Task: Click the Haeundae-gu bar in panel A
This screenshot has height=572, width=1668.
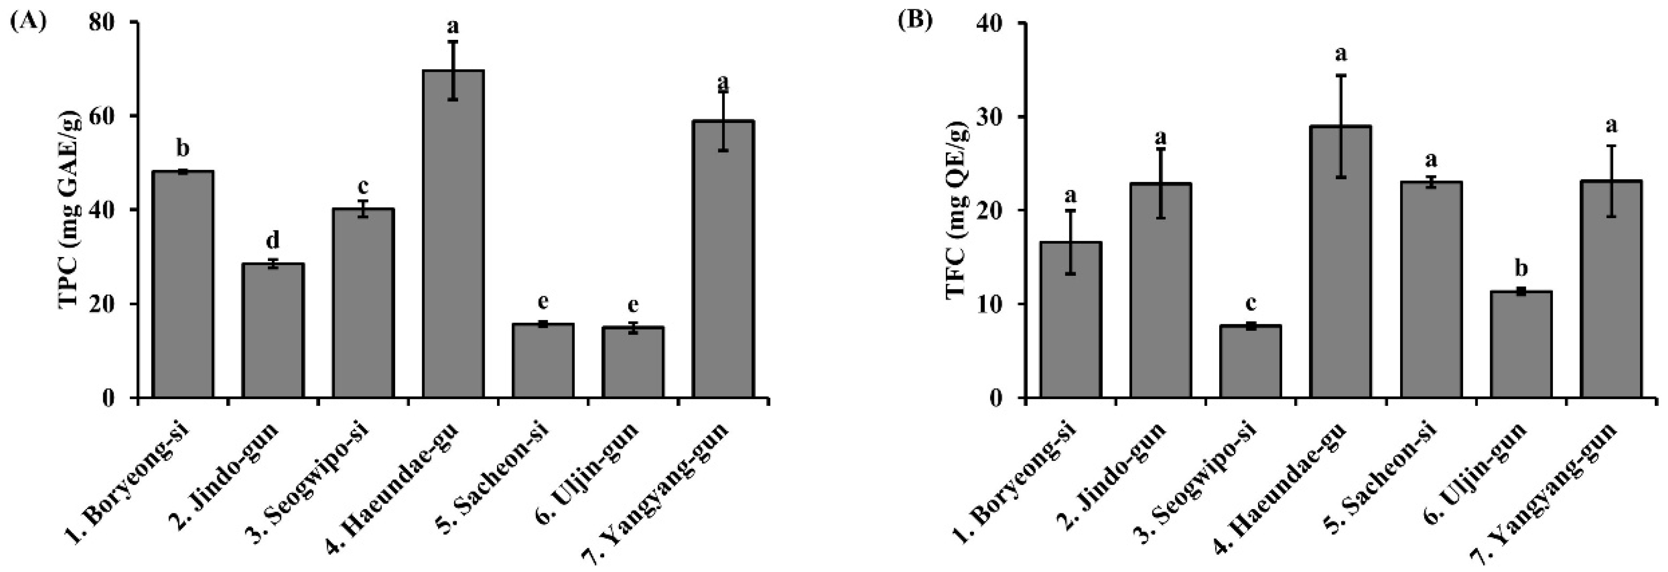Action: pos(453,233)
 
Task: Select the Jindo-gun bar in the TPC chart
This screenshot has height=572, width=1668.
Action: pos(273,330)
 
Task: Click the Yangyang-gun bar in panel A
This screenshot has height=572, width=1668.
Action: pos(723,259)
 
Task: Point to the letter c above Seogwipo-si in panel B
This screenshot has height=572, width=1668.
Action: pos(1250,304)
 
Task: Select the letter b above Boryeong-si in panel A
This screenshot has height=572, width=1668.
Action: pos(183,149)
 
